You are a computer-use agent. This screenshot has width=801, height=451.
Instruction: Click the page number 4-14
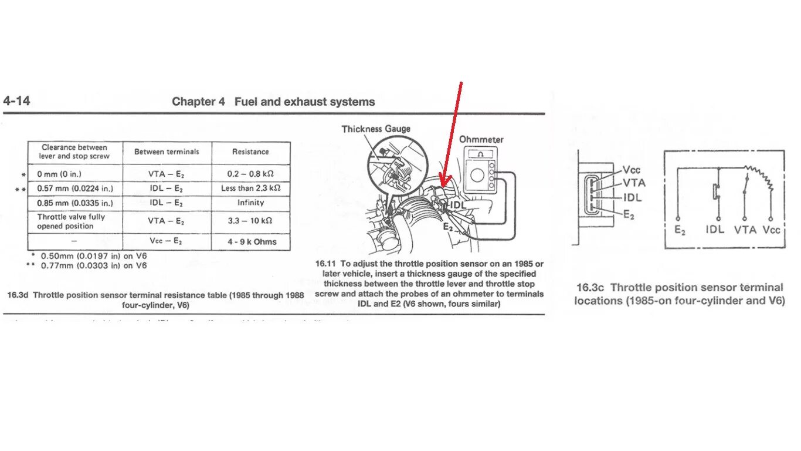[16, 101]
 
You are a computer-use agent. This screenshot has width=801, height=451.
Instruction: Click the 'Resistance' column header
[250, 152]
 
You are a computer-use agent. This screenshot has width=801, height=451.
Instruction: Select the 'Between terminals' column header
[167, 152]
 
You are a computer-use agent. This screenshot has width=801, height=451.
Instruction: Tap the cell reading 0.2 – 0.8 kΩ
[250, 174]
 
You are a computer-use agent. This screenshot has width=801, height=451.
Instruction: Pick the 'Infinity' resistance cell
[250, 203]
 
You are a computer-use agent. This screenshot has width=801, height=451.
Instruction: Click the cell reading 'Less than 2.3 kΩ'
[250, 189]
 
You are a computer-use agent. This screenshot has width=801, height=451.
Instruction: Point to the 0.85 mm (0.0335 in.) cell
[74, 203]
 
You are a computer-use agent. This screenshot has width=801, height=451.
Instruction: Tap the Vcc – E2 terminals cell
[167, 241]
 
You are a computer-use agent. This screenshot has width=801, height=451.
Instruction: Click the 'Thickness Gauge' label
[376, 129]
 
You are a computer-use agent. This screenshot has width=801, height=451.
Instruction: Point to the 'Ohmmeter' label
[481, 140]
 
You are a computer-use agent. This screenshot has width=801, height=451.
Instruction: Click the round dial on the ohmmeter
[477, 174]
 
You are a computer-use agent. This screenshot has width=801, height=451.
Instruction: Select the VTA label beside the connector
[634, 183]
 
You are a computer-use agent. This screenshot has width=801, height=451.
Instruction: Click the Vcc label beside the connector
[632, 170]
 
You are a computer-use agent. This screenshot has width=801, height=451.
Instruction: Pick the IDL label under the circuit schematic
[715, 230]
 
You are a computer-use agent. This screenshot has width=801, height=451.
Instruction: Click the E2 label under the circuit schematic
[680, 230]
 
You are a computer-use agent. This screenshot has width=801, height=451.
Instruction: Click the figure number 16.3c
[591, 287]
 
